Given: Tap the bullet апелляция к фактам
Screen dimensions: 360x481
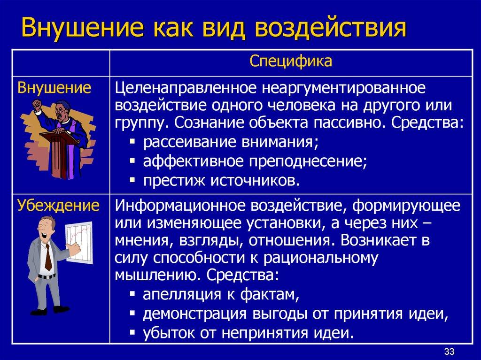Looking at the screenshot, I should (x=220, y=295).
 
